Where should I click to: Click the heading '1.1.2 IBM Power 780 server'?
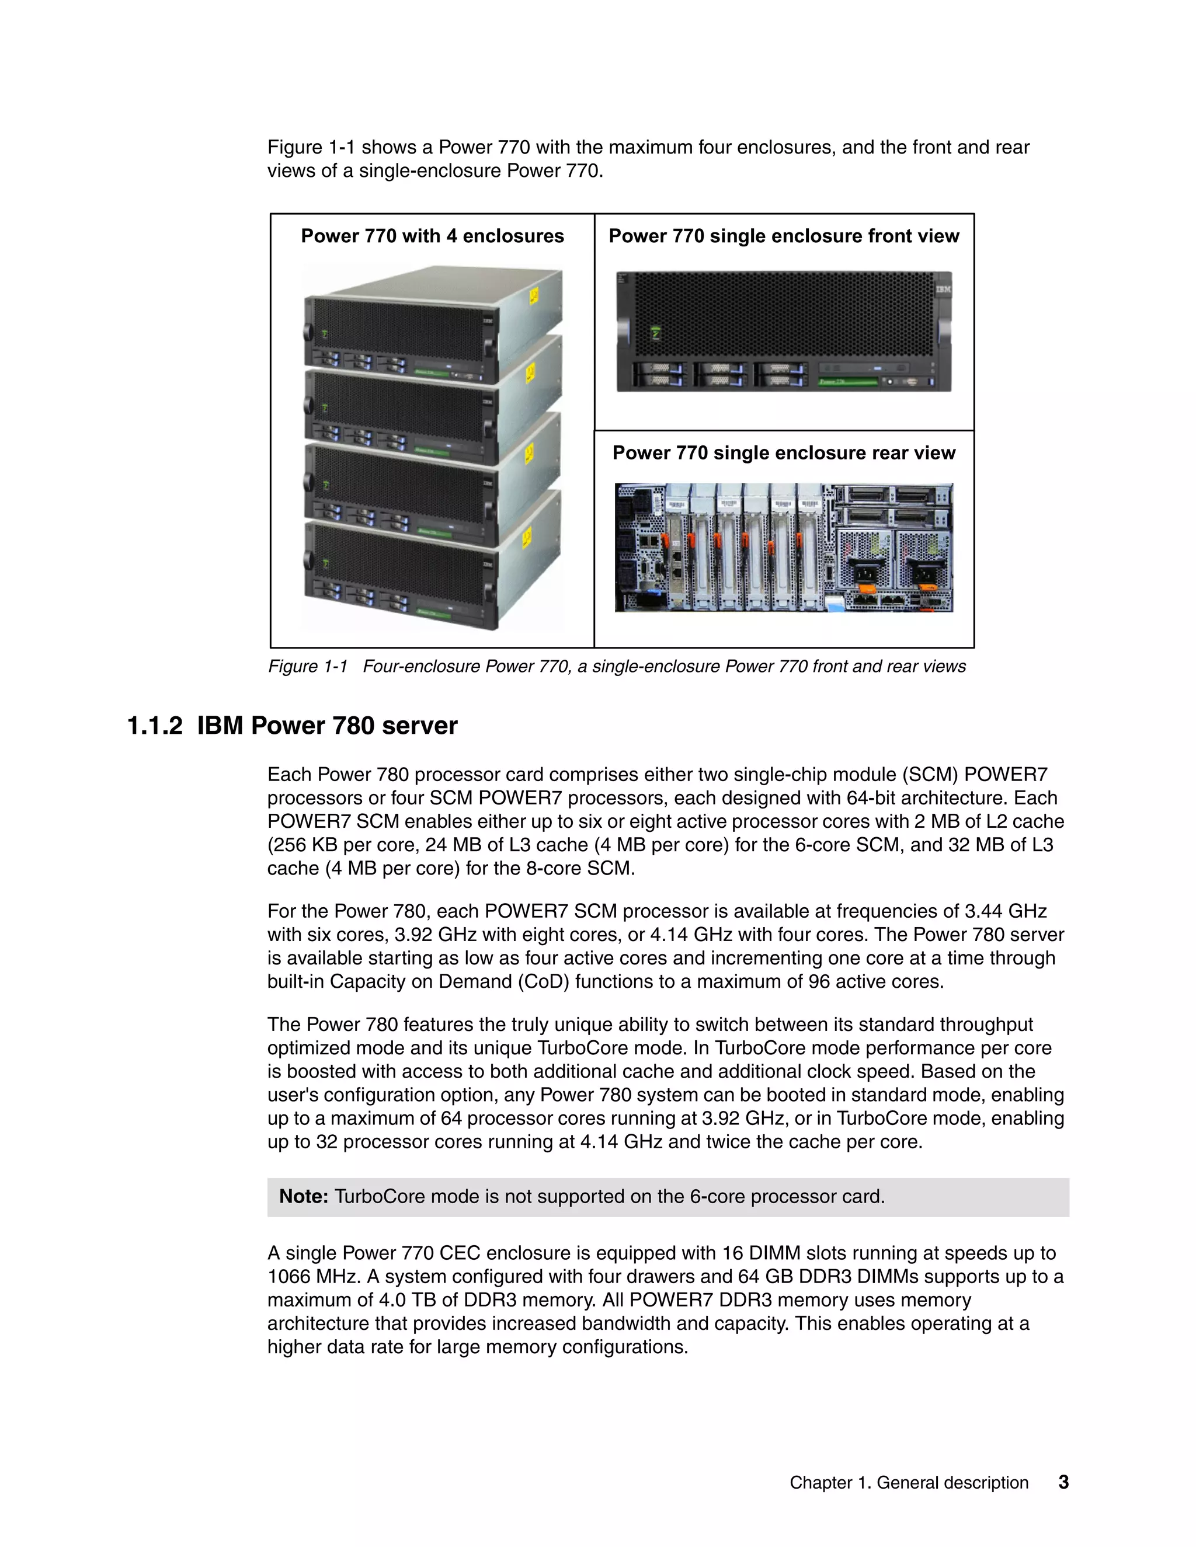tap(292, 726)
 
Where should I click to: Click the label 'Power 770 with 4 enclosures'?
tap(432, 236)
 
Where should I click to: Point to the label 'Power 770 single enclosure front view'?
tap(784, 236)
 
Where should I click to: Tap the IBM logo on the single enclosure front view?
tap(943, 290)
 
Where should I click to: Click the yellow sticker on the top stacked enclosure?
tap(534, 296)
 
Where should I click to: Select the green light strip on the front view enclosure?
tap(847, 382)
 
